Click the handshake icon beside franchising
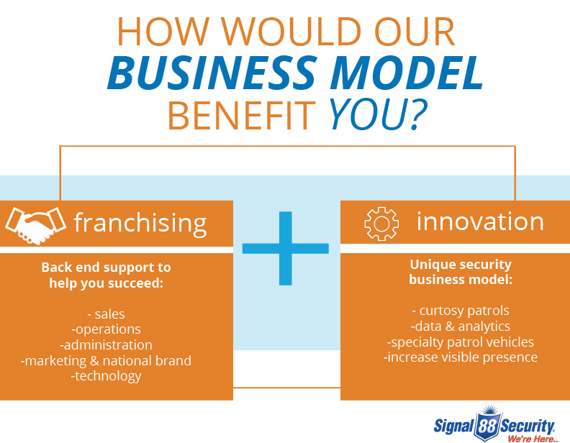pyautogui.click(x=36, y=225)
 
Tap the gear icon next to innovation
pyautogui.click(x=381, y=224)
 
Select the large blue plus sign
pyautogui.click(x=286, y=248)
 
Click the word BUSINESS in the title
pyautogui.click(x=211, y=73)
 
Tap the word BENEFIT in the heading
pyautogui.click(x=241, y=116)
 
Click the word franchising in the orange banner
pyautogui.click(x=140, y=224)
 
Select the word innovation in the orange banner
pyautogui.click(x=480, y=221)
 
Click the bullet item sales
pyautogui.click(x=106, y=314)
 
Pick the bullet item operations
pyautogui.click(x=106, y=329)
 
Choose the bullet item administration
pyautogui.click(x=106, y=344)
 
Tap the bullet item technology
pyautogui.click(x=106, y=376)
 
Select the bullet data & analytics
pyautogui.click(x=461, y=326)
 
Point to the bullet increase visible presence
pyautogui.click(x=461, y=357)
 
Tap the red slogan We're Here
pyautogui.click(x=532, y=439)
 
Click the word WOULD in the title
pyautogui.click(x=291, y=31)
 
